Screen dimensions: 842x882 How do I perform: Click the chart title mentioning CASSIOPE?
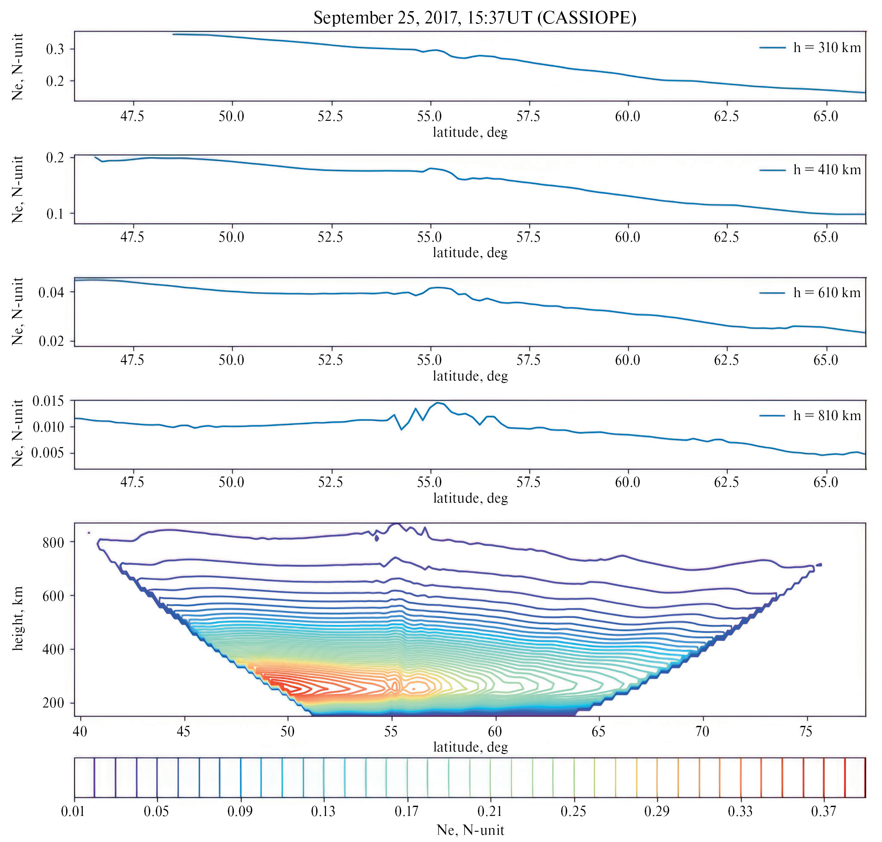point(474,18)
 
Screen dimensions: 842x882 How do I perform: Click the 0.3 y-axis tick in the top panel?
point(55,49)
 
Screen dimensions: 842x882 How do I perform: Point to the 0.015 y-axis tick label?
point(48,401)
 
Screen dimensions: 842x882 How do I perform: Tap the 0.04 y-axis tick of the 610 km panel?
point(51,292)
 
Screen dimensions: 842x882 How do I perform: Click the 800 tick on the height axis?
point(53,543)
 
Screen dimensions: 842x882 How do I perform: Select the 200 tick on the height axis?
point(53,703)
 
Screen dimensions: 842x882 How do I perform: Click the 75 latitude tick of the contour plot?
point(806,731)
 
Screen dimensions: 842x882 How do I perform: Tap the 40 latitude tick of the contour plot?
point(80,731)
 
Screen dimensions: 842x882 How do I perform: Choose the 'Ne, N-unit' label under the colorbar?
point(470,830)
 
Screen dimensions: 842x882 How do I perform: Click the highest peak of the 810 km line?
point(437,403)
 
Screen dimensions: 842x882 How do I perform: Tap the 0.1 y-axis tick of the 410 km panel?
point(55,213)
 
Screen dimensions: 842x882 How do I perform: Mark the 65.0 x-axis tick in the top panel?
point(826,116)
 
